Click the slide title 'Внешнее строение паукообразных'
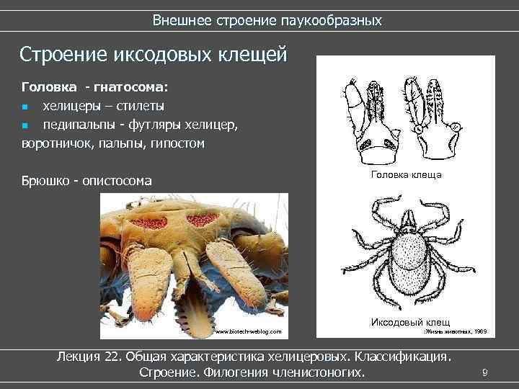point(267,20)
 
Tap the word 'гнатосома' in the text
point(130,88)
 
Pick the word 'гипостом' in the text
point(178,143)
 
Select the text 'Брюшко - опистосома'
point(87,181)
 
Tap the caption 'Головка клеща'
point(406,175)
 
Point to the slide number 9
point(484,372)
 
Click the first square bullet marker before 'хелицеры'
point(25,107)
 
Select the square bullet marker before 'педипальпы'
point(25,125)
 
